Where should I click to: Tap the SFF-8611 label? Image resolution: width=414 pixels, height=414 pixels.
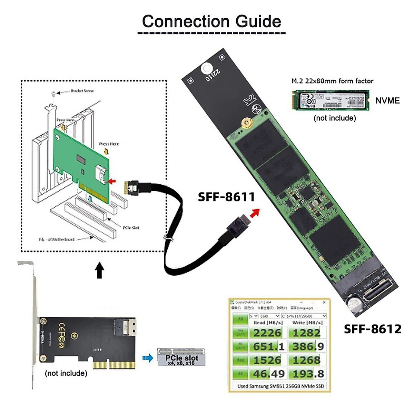coord(226,197)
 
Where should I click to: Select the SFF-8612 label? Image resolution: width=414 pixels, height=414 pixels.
coord(373,329)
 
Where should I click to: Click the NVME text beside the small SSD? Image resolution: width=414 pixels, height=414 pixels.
coord(387,101)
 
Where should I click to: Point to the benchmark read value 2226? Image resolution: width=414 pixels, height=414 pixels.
coord(267,333)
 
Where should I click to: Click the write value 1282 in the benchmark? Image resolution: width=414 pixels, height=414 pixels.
coord(306,333)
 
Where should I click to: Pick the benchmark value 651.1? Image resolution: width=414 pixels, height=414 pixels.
coord(269,346)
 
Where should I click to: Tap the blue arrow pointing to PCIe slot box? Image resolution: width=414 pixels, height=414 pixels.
coord(148,358)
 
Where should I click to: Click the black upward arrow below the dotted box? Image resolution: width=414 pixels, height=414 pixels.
coord(100,270)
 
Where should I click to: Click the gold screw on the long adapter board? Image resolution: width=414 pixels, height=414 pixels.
coord(246,122)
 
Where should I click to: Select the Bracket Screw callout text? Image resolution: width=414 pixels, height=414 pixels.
coord(82,91)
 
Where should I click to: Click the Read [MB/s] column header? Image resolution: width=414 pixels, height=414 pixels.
coord(268,323)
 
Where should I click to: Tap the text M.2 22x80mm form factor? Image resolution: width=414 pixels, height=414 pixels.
coord(332,81)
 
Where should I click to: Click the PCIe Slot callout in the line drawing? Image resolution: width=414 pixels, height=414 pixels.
coord(131,228)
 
